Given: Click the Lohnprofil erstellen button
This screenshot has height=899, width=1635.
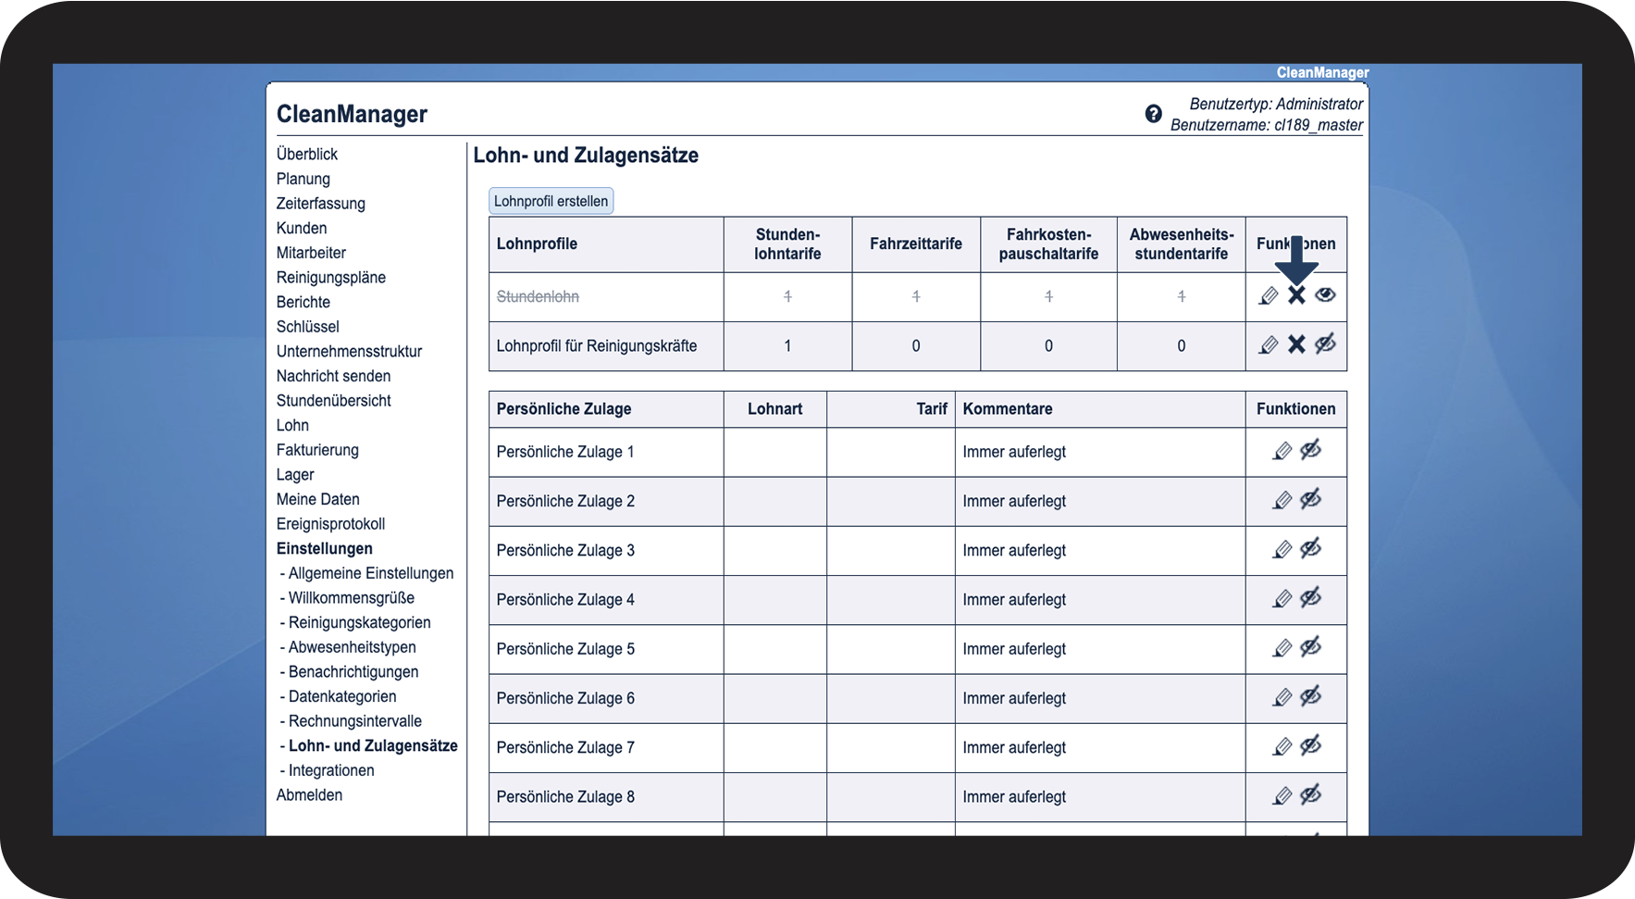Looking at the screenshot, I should pos(551,201).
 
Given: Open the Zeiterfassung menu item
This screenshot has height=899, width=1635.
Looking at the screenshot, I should pos(320,204).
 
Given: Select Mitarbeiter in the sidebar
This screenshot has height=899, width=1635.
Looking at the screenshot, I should pos(311,253).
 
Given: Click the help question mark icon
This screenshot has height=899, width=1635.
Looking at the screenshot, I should pos(1153,114).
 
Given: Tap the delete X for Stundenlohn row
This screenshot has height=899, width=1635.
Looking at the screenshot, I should pos(1296,295).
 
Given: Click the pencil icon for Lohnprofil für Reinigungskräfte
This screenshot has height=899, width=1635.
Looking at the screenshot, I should pos(1269,345).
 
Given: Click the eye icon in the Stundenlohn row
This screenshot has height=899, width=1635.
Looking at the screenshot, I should pos(1325,295).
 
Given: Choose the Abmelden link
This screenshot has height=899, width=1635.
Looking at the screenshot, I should pos(309,795).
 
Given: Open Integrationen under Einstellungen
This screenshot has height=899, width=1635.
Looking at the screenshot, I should pos(331,770).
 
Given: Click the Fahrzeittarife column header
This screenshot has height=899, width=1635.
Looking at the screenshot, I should pos(915,244).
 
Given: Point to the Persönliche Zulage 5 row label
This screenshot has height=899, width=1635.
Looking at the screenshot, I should pos(565,649).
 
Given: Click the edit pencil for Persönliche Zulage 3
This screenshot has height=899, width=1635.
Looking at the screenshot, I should pos(1282,550).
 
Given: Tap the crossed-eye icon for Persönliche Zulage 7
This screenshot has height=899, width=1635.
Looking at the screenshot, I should pos(1310,746).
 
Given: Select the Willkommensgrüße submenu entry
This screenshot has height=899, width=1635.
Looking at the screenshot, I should pos(351,598).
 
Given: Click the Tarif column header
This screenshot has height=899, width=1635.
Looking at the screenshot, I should pos(931,409).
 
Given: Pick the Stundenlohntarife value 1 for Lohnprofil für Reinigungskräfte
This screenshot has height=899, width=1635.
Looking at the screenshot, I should pos(787,346).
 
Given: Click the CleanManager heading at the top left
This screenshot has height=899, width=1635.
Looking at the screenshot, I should pos(352,114).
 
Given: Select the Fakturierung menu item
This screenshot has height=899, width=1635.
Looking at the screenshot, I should pos(317,450).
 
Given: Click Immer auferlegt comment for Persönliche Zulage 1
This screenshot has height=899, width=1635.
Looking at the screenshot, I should pos(1014,452).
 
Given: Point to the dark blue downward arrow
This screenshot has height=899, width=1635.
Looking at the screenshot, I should pos(1296,260).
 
